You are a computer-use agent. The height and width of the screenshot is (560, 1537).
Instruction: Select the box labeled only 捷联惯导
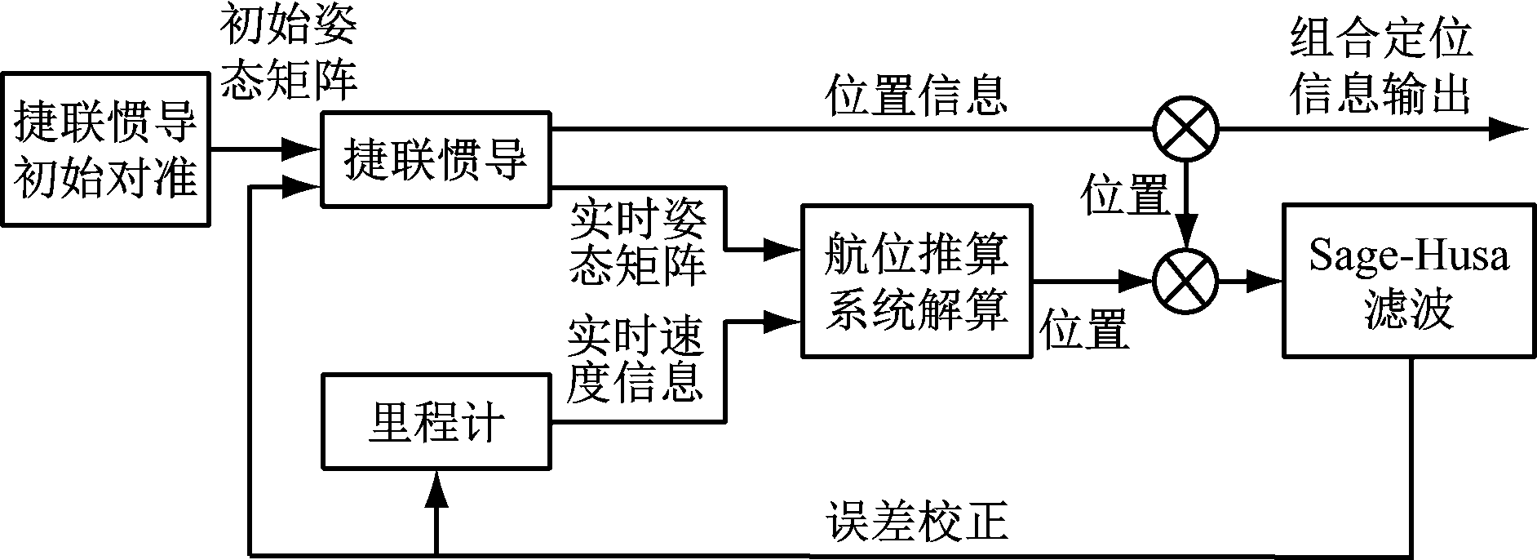tap(436, 158)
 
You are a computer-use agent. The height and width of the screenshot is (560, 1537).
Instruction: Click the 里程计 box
tap(436, 422)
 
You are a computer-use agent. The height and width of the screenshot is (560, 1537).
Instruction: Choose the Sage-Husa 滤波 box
tap(1409, 280)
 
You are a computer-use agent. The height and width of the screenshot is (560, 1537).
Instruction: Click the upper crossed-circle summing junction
tap(1185, 129)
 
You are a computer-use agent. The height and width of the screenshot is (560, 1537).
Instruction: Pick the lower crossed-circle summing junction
tap(1185, 282)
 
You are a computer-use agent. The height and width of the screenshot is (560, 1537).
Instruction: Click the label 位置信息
tap(915, 95)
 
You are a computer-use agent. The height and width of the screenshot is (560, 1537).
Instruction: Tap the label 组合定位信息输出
tap(1380, 67)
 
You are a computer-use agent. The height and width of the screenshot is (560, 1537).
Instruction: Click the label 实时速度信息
tap(635, 361)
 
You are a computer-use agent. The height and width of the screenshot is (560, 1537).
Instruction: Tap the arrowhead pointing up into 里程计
tap(437, 491)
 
